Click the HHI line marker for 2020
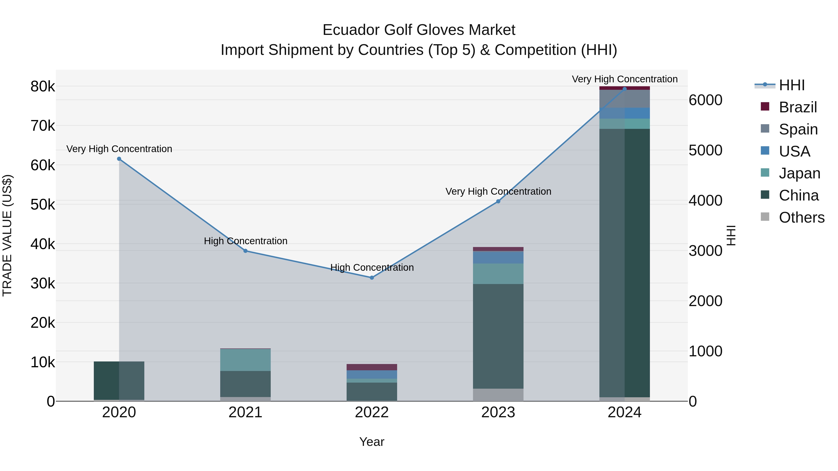tap(119, 159)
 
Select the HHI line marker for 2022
tap(372, 277)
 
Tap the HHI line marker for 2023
tap(498, 201)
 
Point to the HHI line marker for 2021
tap(246, 251)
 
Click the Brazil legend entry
tap(798, 107)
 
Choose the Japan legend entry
tap(799, 173)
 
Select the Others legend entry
tap(801, 217)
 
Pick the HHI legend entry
tap(791, 85)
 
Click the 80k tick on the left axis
tap(43, 87)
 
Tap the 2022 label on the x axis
tap(372, 412)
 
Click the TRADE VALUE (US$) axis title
tap(7, 235)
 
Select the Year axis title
tap(372, 442)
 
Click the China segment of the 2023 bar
tap(498, 336)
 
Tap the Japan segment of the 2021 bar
tap(246, 360)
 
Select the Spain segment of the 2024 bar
tap(625, 99)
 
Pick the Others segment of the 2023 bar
tap(498, 395)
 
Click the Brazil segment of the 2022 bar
tap(372, 367)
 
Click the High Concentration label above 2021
tap(246, 241)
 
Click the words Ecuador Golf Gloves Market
tap(419, 30)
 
